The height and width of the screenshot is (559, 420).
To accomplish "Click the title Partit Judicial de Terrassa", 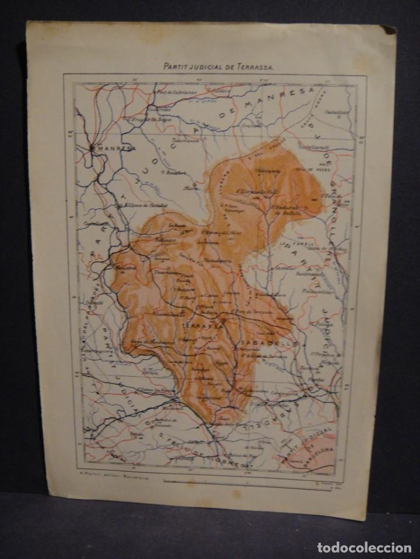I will (216, 67).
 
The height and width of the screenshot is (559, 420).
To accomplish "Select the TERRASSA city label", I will (201, 326).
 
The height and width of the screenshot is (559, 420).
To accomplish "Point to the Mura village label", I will (189, 188).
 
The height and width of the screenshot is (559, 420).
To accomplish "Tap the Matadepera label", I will (216, 254).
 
